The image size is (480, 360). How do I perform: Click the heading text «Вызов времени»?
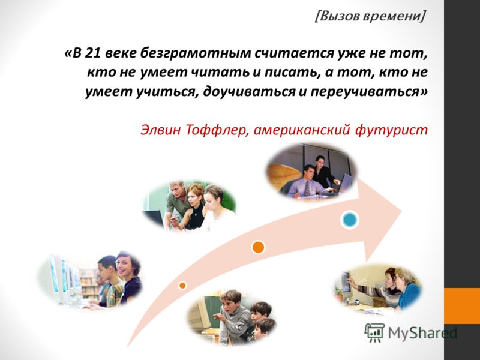pyautogui.click(x=370, y=16)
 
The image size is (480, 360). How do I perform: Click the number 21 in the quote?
pyautogui.click(x=94, y=53)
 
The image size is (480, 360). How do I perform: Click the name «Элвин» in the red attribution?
pyautogui.click(x=160, y=130)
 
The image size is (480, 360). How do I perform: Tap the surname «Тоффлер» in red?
pyautogui.click(x=217, y=130)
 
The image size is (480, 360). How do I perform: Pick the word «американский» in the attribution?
pyautogui.click(x=302, y=130)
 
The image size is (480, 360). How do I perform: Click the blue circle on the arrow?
pyautogui.click(x=350, y=220)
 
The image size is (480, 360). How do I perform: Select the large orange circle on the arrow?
pyautogui.click(x=258, y=247)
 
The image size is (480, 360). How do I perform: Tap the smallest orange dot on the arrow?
pyautogui.click(x=182, y=286)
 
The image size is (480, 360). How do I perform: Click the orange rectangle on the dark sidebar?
pyautogui.click(x=462, y=305)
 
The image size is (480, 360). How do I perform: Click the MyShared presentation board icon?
pyautogui.click(x=374, y=332)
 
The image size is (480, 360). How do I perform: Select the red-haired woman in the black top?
pyautogui.click(x=194, y=206)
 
